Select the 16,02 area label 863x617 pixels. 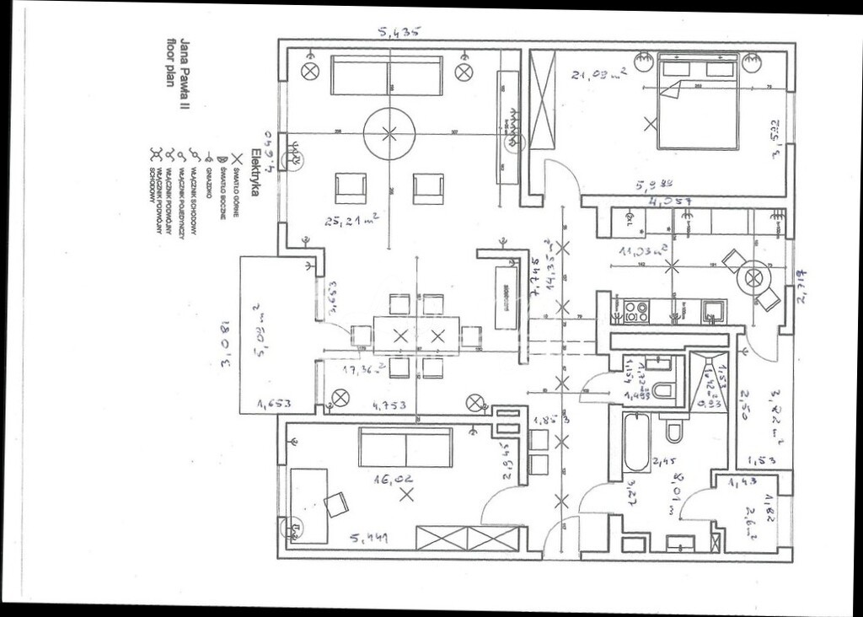396,478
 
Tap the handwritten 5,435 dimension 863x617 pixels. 399,33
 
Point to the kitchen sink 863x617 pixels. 713,312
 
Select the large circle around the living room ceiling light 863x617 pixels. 389,132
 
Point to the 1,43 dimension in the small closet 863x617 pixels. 742,482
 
